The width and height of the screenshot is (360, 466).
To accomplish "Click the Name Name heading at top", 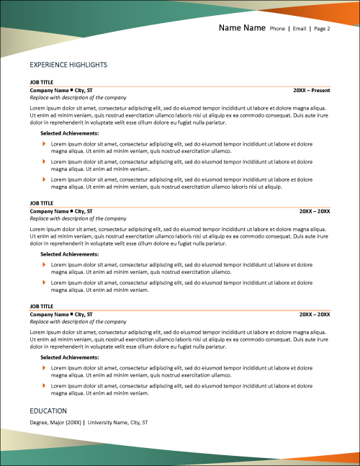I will tap(242, 29).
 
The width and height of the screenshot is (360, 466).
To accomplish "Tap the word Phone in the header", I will tap(277, 30).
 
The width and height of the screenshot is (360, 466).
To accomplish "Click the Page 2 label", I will tap(323, 30).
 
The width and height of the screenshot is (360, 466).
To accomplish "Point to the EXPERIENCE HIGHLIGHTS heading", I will tap(68, 65).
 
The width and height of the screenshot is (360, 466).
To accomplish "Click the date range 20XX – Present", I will tap(312, 90).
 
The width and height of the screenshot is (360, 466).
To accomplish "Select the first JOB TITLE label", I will tap(42, 82).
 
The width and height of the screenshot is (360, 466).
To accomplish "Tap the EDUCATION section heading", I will tap(48, 411).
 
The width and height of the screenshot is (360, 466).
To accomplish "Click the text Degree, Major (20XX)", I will tap(55, 422).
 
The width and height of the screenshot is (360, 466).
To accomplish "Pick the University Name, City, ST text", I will tap(117, 422).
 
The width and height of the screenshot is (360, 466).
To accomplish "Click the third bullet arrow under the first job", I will tap(44, 179).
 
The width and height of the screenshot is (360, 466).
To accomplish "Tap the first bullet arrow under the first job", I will tap(44, 144).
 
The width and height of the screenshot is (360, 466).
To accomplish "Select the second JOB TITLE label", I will tap(42, 203).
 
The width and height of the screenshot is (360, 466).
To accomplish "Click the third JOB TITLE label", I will tap(42, 307).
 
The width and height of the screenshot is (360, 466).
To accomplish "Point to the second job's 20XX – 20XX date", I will tap(315, 211).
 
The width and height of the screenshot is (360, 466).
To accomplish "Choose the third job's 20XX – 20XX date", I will tap(315, 315).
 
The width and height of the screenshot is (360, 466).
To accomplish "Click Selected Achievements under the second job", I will tap(69, 254).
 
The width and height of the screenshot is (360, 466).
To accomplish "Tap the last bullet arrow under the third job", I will tap(44, 386).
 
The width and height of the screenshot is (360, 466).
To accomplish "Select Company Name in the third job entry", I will tap(48, 315).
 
